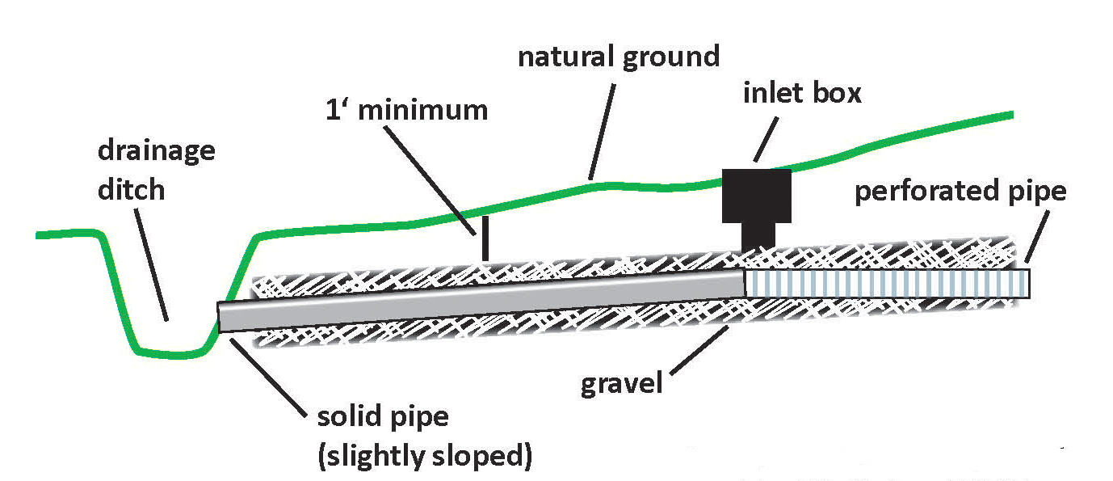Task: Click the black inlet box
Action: [x=755, y=195]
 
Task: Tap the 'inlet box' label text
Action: [x=802, y=93]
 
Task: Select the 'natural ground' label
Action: [x=618, y=57]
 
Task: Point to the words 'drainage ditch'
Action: [x=156, y=170]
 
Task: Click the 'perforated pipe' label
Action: [x=960, y=192]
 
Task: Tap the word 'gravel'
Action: [x=621, y=382]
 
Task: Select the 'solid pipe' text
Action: [x=382, y=419]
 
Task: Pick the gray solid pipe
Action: [x=485, y=300]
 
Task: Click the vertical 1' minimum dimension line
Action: [x=484, y=238]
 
